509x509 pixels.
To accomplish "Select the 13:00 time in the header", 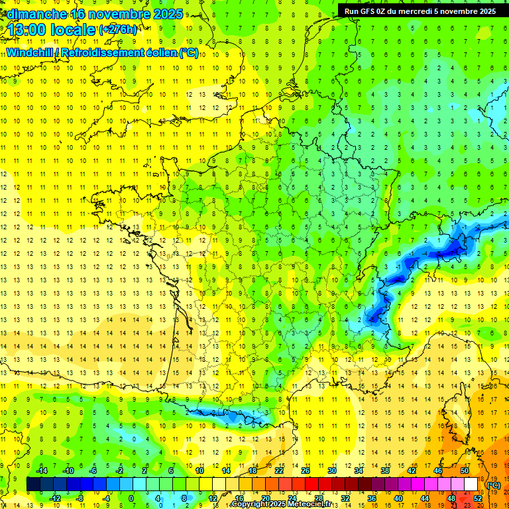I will tap(27, 30).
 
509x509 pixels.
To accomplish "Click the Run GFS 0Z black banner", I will tap(420, 11).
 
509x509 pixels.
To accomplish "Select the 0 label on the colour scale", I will tap(131, 498).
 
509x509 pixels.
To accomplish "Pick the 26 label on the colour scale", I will tap(306, 471).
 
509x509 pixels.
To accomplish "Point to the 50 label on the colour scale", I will tap(465, 471).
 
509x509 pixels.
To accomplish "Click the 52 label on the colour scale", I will tap(478, 498).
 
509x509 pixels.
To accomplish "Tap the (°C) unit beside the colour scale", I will tap(494, 485).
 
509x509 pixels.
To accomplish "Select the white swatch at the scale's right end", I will tap(471, 484).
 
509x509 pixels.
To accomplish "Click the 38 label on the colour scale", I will tap(385, 471).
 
